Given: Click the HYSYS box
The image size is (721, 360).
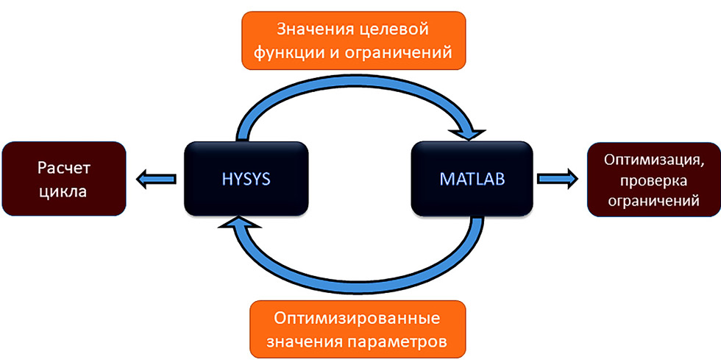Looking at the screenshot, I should click(244, 179).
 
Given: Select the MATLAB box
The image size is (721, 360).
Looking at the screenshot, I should click(472, 179).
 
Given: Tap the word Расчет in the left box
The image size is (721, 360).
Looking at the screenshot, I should click(64, 168).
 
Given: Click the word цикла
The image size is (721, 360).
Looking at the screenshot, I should click(64, 192).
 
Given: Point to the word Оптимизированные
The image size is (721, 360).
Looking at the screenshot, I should click(357, 320).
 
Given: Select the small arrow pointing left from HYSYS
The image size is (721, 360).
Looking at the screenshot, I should click(155, 177).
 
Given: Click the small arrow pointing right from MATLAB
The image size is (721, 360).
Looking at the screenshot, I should click(557, 177).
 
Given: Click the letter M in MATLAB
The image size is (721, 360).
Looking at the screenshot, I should click(446, 179).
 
